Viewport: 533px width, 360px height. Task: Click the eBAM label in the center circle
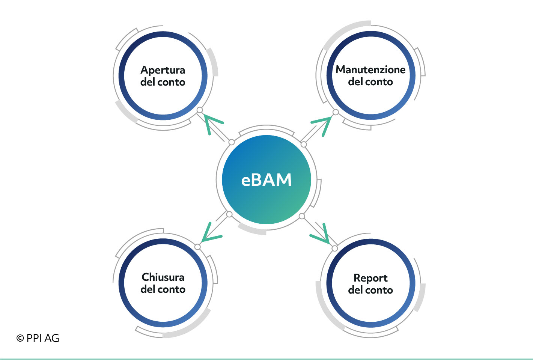pyautogui.click(x=266, y=180)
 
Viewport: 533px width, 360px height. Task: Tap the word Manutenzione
pyautogui.click(x=370, y=69)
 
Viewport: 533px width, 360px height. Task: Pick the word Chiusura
pyautogui.click(x=163, y=277)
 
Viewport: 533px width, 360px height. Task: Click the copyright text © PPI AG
pyautogui.click(x=38, y=338)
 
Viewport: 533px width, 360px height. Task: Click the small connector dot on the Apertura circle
pyautogui.click(x=200, y=110)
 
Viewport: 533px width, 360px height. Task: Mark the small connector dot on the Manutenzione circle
pyautogui.click(x=336, y=112)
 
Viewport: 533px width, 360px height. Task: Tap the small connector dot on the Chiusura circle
pyautogui.click(x=197, y=247)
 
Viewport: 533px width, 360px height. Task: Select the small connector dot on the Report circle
pyautogui.click(x=334, y=249)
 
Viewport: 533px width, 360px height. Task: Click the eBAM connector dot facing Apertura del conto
pyautogui.click(x=232, y=142)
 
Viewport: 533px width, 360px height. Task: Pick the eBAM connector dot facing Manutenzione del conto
pyautogui.click(x=304, y=144)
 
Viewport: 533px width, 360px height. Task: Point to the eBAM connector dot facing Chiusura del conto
pyautogui.click(x=229, y=214)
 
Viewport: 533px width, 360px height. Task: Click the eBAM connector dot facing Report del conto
pyautogui.click(x=302, y=216)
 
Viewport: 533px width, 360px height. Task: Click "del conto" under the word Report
pyautogui.click(x=370, y=290)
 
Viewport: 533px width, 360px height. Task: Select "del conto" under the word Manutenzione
pyautogui.click(x=370, y=81)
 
